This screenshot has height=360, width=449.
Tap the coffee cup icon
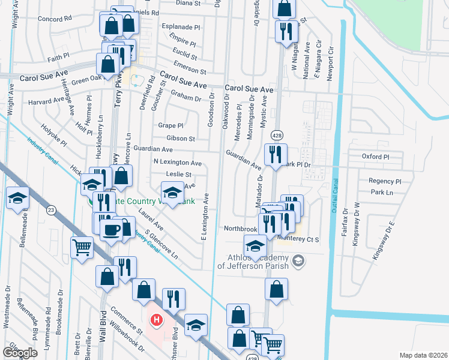click(x=110, y=230)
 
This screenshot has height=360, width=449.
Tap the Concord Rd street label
click(x=54, y=19)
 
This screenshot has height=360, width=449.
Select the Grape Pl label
click(x=170, y=126)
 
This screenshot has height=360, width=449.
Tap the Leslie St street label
click(x=179, y=175)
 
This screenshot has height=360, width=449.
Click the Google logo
click(x=20, y=352)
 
